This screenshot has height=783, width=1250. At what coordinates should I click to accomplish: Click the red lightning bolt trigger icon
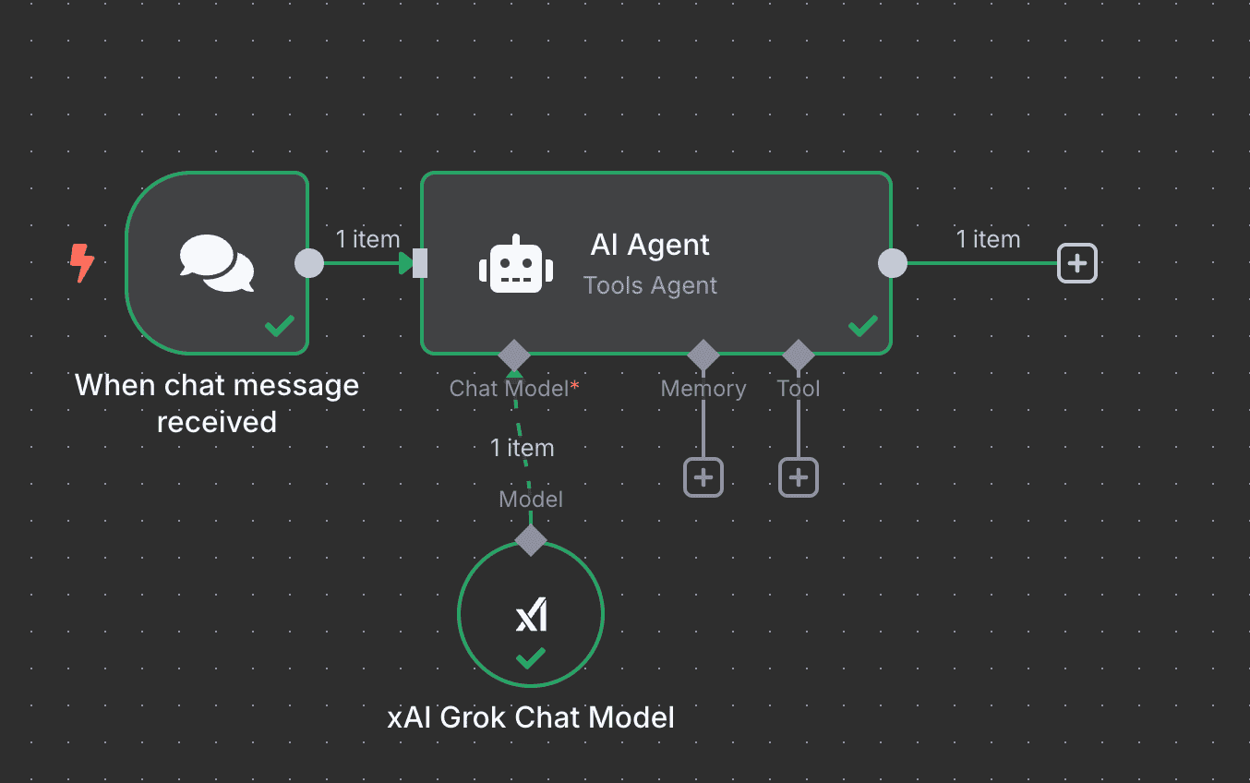click(x=82, y=263)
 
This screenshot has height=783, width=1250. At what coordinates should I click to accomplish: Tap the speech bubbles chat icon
click(x=217, y=263)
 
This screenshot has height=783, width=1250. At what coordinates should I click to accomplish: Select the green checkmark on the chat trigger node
click(x=280, y=325)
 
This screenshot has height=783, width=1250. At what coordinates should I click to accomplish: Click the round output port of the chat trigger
click(x=309, y=263)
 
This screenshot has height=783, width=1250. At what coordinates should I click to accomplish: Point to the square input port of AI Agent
click(x=420, y=263)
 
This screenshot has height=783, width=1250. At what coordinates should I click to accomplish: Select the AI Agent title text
click(x=650, y=245)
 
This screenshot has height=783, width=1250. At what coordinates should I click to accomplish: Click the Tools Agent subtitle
click(x=650, y=285)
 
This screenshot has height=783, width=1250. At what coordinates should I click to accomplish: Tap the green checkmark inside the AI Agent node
click(x=863, y=325)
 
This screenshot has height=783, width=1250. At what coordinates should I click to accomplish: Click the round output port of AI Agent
click(x=892, y=263)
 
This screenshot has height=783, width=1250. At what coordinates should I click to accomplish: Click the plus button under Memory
click(x=703, y=477)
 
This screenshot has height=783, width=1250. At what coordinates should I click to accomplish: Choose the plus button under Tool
click(x=799, y=477)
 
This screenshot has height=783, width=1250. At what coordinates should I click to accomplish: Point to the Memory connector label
click(x=703, y=389)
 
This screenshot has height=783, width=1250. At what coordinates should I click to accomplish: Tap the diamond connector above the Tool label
click(x=799, y=355)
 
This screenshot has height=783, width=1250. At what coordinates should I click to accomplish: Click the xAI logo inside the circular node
click(x=531, y=615)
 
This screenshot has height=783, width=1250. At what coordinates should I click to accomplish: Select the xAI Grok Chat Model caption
click(x=531, y=717)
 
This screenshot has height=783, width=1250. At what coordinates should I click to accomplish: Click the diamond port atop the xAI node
click(x=531, y=540)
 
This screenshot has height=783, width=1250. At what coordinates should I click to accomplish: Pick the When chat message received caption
click(x=217, y=403)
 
